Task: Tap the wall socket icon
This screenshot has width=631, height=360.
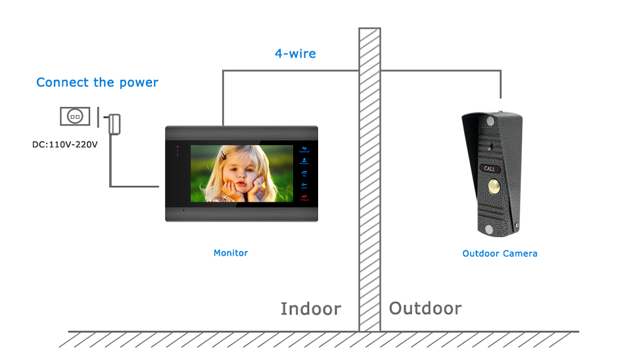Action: point(76,117)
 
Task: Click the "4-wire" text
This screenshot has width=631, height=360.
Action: point(295,54)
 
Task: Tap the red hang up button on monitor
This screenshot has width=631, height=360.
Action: point(304,198)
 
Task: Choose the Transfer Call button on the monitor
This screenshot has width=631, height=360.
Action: point(304,150)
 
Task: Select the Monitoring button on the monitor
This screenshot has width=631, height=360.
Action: point(304,161)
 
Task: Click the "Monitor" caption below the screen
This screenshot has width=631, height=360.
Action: point(231,253)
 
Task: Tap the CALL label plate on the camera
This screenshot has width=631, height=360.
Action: point(490,169)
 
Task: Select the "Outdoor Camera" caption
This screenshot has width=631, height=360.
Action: point(500,254)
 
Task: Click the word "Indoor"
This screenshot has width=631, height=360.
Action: point(310,309)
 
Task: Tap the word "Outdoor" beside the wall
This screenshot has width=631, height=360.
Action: point(425,308)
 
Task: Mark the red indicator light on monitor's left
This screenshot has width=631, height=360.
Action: point(176,146)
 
